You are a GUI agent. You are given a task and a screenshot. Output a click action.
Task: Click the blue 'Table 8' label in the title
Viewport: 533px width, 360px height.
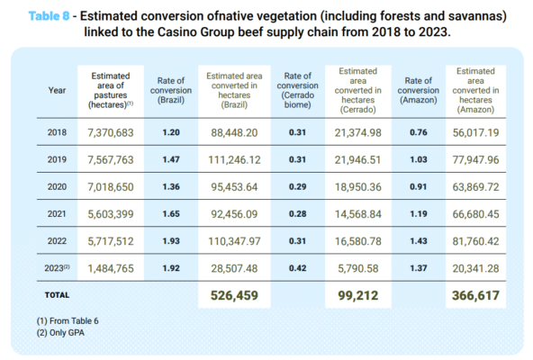[49, 16]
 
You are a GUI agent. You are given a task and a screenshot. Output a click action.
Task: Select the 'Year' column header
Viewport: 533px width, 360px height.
[57, 90]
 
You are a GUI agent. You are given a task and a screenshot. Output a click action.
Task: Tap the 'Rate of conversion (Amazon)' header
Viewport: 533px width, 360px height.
[418, 90]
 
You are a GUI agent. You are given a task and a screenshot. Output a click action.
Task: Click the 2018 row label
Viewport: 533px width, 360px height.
[57, 132]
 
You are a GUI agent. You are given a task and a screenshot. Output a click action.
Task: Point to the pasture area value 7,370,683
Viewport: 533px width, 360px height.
[111, 132]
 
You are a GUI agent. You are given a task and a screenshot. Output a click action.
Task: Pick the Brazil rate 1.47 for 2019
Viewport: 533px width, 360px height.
[171, 159]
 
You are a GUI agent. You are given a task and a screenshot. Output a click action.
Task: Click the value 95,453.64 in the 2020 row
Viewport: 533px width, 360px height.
[234, 187]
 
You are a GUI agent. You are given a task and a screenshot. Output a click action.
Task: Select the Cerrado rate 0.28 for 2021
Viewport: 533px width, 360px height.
[297, 214]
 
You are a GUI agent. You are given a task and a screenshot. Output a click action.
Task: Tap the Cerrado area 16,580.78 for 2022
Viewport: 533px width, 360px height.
[358, 241]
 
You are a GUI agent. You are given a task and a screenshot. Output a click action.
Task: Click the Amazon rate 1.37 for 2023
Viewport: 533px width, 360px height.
[418, 268]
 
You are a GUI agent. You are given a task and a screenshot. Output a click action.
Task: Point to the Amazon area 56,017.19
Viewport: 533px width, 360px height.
[475, 132]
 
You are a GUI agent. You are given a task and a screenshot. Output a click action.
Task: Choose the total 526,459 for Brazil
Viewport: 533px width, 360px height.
[234, 295]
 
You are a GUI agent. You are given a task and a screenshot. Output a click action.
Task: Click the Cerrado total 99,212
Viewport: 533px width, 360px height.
[358, 295]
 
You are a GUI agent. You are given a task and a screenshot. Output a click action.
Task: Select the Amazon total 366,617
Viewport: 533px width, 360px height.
[475, 295]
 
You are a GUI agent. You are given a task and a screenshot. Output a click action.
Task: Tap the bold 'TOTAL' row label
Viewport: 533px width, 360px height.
[57, 295]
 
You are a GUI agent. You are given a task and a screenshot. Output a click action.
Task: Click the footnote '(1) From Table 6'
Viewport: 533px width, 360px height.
[68, 321]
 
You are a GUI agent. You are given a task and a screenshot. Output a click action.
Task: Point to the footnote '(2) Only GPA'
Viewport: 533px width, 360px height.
[60, 332]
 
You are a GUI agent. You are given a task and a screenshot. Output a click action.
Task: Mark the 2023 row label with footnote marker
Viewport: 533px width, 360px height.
[57, 268]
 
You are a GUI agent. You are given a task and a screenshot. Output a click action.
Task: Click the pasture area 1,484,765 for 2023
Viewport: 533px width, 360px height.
[111, 268]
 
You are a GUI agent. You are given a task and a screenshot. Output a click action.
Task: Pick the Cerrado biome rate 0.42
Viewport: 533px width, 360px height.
[297, 268]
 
